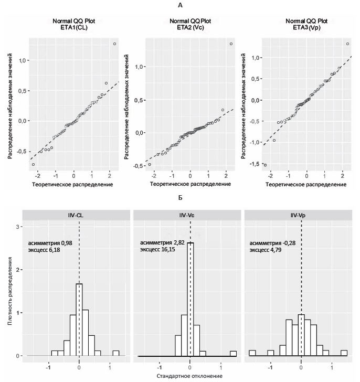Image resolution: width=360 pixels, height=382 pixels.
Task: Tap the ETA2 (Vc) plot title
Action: pos(190,27)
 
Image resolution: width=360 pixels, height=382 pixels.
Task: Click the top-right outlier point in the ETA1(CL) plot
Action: pos(114,44)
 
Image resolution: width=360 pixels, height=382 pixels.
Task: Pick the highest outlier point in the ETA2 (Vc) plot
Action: pos(231,44)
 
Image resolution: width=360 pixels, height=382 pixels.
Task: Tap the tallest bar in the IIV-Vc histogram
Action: pos(190,299)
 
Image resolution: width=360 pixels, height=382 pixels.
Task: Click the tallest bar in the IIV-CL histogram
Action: pos(79,320)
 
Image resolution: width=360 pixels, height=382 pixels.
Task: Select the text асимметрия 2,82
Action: pos(163,243)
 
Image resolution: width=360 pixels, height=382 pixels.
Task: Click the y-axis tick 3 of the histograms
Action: pos(19,227)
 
